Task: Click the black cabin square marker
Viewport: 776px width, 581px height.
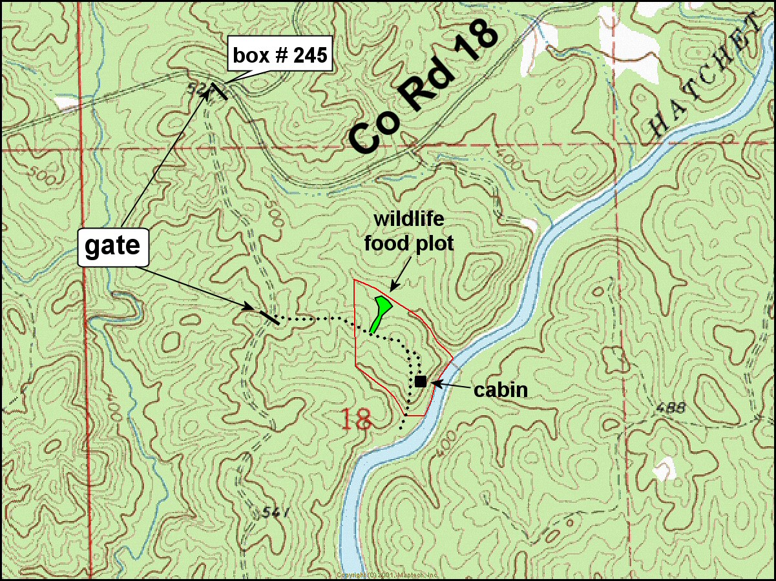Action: tap(421, 381)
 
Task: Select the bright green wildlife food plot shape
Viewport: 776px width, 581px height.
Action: tap(380, 312)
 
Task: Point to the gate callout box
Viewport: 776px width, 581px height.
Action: tap(113, 247)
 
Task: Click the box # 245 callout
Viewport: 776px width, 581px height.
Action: tap(282, 56)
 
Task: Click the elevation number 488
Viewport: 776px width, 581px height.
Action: tap(669, 408)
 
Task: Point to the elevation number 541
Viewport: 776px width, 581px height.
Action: tap(275, 513)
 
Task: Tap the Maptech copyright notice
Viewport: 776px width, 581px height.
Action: tap(388, 575)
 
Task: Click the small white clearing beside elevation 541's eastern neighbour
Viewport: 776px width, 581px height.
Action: tap(664, 469)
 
